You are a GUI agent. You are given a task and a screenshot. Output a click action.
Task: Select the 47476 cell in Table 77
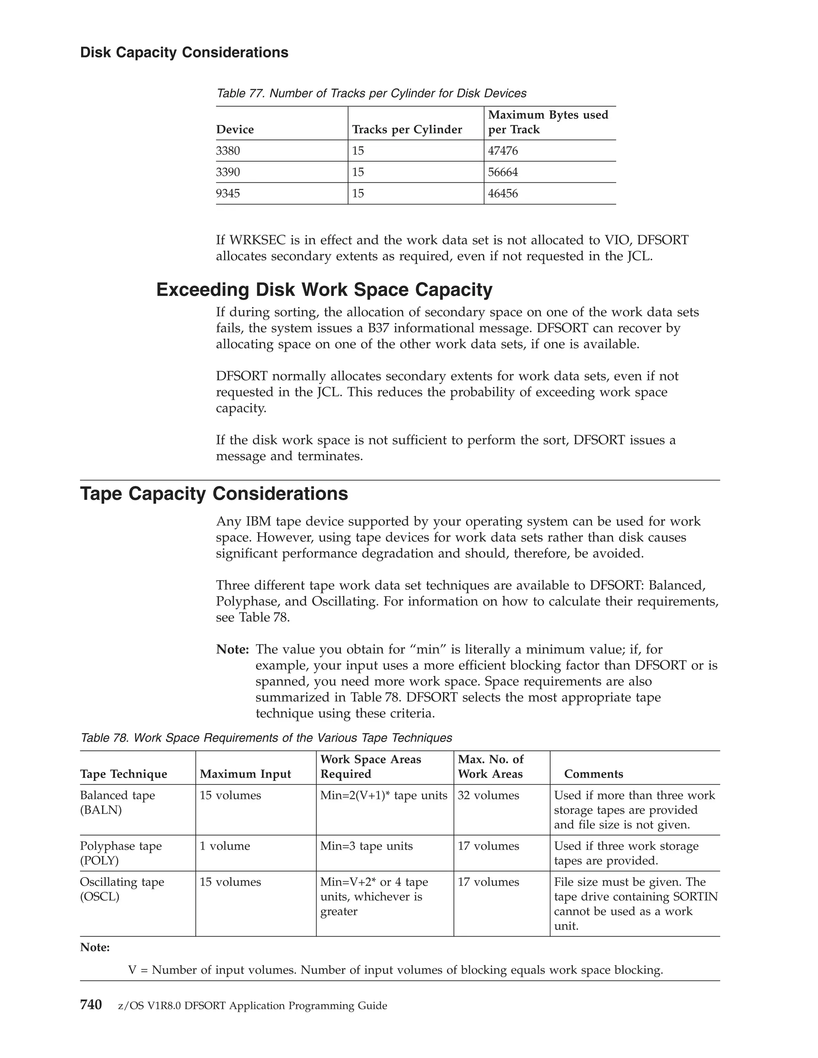[502, 151]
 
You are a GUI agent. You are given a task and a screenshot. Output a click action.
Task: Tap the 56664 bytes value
[502, 172]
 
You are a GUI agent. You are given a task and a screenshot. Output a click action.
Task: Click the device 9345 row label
[228, 193]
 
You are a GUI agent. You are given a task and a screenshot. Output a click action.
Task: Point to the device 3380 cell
[228, 151]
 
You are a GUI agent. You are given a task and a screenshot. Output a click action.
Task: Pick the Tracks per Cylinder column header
[407, 129]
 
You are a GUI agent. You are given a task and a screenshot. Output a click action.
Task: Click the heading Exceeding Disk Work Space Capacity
[324, 290]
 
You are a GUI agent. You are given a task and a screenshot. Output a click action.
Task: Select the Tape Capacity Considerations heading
[214, 493]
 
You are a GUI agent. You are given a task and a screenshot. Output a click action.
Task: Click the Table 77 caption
[371, 93]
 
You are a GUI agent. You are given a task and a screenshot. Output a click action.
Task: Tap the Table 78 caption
[266, 738]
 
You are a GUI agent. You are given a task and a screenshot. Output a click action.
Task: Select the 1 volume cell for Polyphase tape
[224, 846]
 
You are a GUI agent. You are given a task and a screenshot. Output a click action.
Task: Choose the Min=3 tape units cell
[366, 846]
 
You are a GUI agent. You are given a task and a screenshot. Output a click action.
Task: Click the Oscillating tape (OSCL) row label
[122, 889]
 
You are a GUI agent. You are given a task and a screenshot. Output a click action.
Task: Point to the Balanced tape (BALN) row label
[117, 802]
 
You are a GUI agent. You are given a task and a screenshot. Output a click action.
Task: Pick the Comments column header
[593, 774]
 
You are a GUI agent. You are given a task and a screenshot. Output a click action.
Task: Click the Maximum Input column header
[245, 774]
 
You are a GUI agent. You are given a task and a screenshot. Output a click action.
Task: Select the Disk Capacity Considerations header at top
[184, 52]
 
